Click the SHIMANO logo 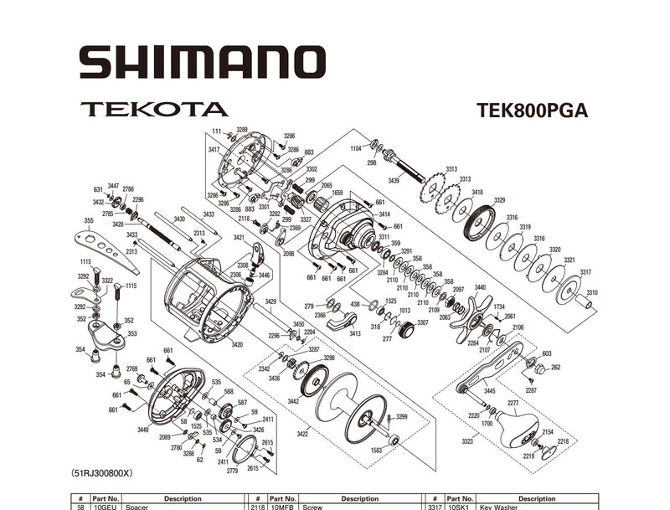pyautogui.click(x=202, y=63)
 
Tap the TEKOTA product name pyautogui.click(x=154, y=109)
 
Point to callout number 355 pyautogui.click(x=89, y=221)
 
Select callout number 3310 pyautogui.click(x=592, y=292)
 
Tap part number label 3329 pyautogui.click(x=499, y=200)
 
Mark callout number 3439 pyautogui.click(x=394, y=181)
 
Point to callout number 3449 pyautogui.click(x=143, y=430)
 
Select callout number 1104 pyautogui.click(x=356, y=147)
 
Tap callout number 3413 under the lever pyautogui.click(x=355, y=333)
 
